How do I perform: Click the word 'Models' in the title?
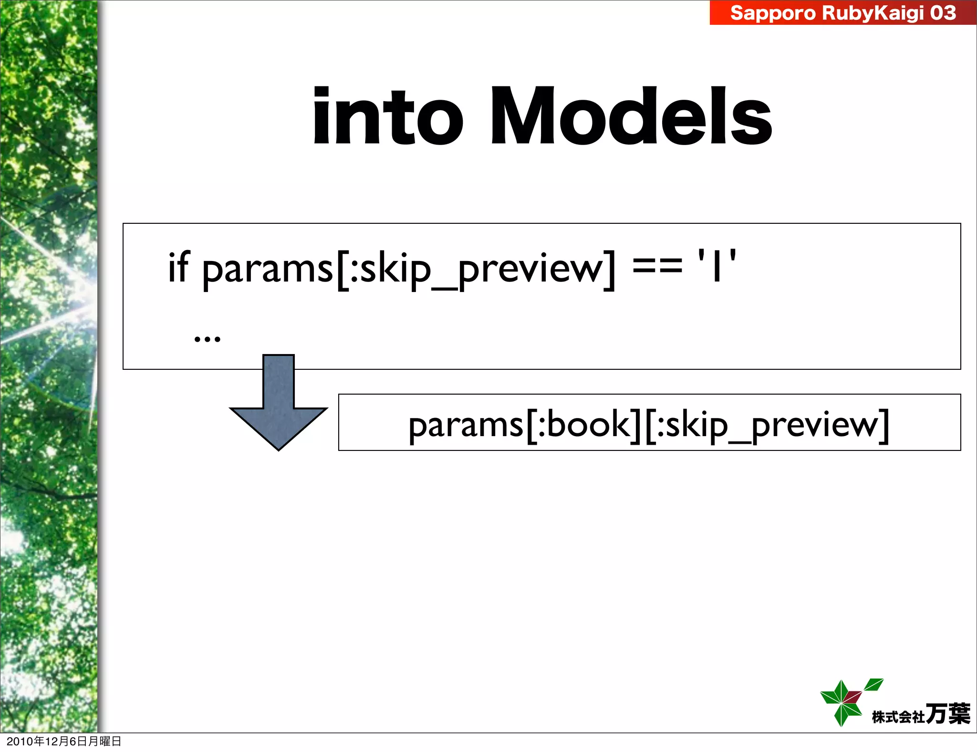coord(631,117)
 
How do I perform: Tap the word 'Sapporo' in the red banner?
coord(773,13)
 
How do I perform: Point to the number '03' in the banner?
coord(943,13)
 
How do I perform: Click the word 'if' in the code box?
coord(178,267)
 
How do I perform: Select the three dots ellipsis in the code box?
coord(207,339)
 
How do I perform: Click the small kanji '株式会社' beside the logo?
coord(898,717)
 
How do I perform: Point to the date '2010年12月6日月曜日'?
coord(64,741)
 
